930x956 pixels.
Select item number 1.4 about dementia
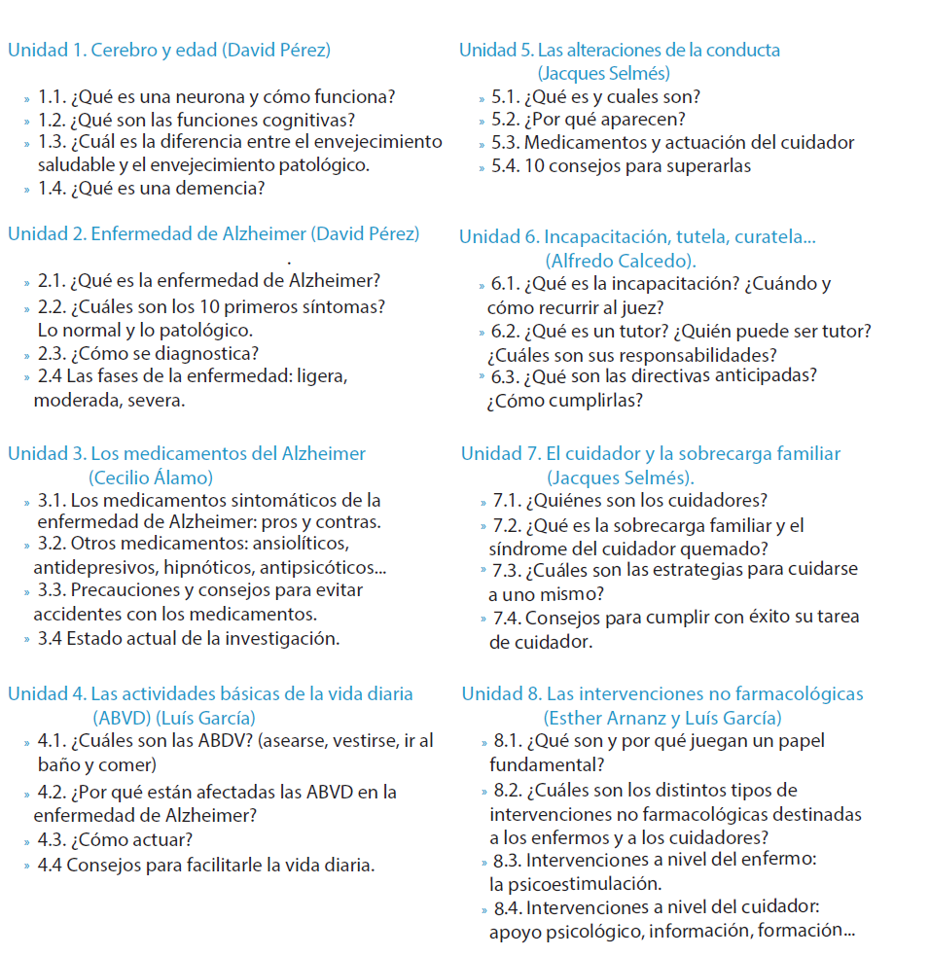tap(151, 189)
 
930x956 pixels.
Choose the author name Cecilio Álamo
tap(150, 478)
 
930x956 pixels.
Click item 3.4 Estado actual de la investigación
tap(189, 639)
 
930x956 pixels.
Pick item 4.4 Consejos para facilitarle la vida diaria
tap(205, 865)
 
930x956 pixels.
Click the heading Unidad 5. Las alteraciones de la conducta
tap(619, 51)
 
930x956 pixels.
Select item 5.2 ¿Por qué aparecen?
tap(603, 120)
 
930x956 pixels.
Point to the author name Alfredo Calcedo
tap(620, 261)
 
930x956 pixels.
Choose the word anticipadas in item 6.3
tap(766, 375)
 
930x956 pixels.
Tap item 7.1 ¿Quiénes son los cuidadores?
tap(630, 501)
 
